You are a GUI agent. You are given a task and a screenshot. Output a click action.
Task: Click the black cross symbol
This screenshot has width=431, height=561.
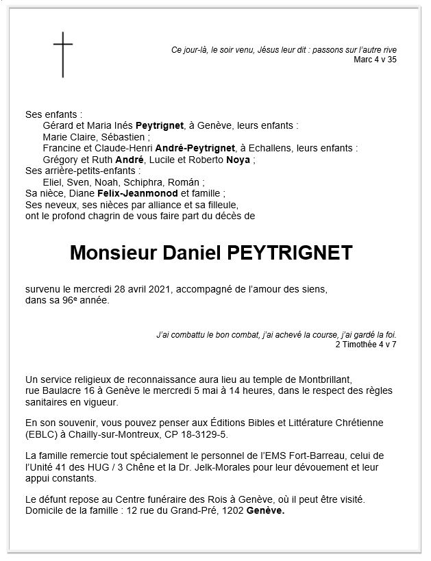63,55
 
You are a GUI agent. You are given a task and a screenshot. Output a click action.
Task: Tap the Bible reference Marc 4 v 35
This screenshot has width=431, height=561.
375,60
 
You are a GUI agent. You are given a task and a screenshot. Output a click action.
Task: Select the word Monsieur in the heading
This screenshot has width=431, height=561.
112,253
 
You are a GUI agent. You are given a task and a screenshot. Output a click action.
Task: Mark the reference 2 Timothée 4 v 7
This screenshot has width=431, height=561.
366,344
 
